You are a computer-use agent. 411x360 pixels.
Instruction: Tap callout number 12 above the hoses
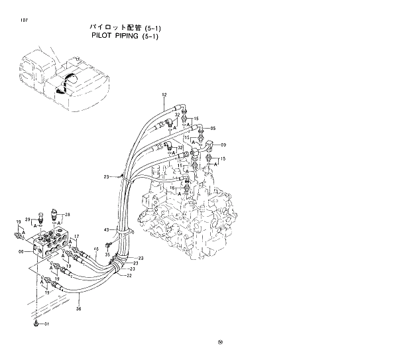coord(164,96)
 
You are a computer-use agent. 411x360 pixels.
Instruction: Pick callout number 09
coord(223,145)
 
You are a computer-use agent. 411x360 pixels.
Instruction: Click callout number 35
coord(107,254)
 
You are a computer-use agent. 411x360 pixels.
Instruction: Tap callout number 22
coord(129,276)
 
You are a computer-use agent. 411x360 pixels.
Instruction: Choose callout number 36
coord(79,308)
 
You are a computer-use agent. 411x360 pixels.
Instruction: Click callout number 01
coord(46,325)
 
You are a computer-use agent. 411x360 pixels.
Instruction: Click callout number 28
coord(67,214)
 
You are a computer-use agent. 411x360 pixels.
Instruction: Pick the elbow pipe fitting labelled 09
coord(209,145)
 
